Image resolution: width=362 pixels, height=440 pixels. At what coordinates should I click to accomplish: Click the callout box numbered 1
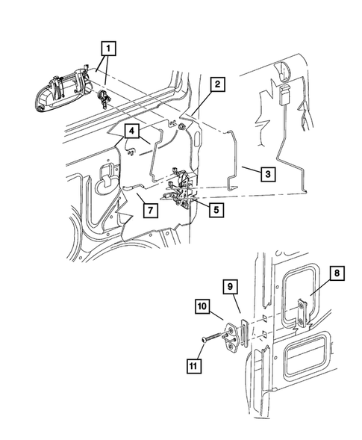[x=109, y=49]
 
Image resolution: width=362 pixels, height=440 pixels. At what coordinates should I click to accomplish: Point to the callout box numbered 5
[x=215, y=210]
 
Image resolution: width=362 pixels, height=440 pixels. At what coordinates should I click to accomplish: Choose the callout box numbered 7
[x=149, y=210]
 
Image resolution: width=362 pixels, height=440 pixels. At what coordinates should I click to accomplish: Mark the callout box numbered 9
[x=229, y=285]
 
